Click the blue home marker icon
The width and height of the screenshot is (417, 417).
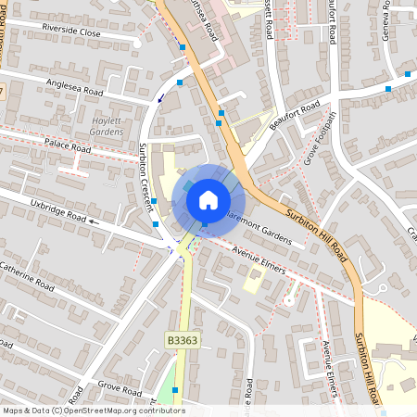208,198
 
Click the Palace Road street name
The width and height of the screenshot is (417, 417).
67,146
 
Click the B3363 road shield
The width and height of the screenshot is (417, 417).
183,341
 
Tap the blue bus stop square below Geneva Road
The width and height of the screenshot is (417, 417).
406,72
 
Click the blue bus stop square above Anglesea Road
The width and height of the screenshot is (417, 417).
182,46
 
